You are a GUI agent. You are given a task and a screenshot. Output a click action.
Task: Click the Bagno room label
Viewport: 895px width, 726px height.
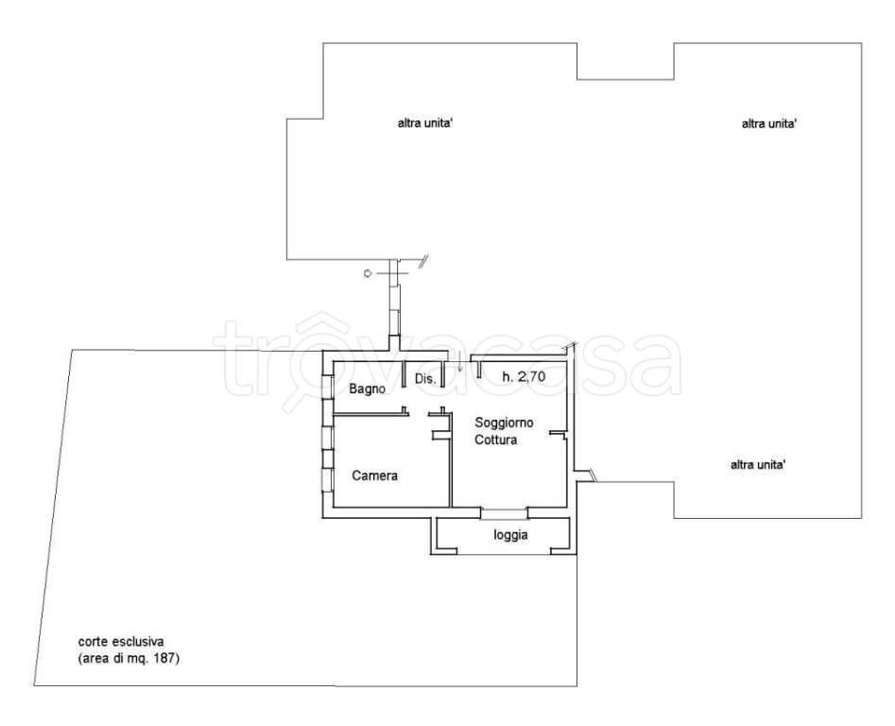[x=367, y=389]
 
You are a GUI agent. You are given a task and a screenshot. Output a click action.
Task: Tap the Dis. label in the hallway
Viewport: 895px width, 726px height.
[x=425, y=378]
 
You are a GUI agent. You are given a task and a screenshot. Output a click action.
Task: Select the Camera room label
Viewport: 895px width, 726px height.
[x=374, y=475]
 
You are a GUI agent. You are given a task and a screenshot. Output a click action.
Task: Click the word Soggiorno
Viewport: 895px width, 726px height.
[x=504, y=423]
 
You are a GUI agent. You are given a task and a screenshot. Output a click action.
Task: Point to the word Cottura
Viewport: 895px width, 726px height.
[x=496, y=441]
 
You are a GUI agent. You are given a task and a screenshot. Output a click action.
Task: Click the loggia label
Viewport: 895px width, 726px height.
[x=510, y=535]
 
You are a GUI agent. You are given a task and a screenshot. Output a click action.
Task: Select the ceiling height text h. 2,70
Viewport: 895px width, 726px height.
[x=524, y=376]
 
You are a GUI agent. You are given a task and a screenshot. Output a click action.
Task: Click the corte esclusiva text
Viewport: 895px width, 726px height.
[x=121, y=642]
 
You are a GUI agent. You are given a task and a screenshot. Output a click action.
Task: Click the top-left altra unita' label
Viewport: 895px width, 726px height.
[x=425, y=123]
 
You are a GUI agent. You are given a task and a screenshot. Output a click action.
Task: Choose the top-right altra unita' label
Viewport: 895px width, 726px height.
[x=769, y=123]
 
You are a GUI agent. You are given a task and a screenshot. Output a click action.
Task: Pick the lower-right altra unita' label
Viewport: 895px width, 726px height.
[x=758, y=464]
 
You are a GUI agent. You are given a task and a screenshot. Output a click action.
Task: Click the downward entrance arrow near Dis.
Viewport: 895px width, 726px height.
[x=459, y=363]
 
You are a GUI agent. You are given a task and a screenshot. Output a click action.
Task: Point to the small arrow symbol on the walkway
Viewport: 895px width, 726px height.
[x=369, y=273]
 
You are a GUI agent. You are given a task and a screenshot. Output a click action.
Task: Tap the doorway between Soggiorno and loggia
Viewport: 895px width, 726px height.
[x=504, y=512]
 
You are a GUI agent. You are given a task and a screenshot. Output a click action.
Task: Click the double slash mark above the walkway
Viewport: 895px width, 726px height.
[x=423, y=262]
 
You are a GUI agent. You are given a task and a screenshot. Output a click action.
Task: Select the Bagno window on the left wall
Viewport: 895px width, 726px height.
[x=328, y=387]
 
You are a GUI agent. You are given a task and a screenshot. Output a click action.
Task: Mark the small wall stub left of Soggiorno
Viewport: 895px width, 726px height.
[x=440, y=436]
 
